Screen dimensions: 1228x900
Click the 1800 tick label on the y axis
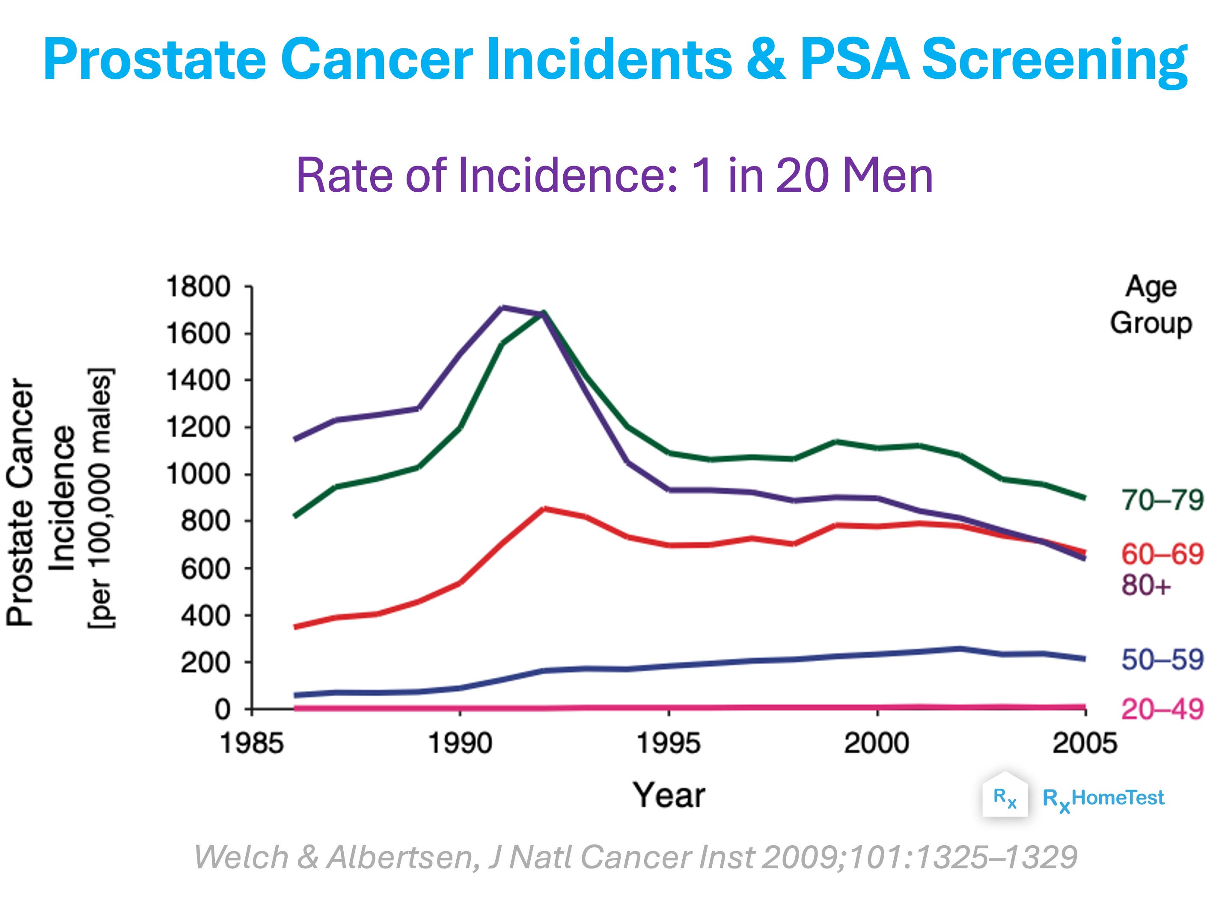(198, 287)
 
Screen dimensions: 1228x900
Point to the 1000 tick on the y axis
(248, 474)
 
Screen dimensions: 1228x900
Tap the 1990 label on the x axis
(461, 743)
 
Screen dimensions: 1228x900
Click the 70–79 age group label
(1162, 499)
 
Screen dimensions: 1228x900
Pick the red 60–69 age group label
(1162, 554)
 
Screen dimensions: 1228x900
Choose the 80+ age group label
(1146, 585)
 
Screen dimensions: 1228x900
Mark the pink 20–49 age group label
(1162, 709)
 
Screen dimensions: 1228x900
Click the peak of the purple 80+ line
(502, 307)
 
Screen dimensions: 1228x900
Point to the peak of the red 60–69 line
(544, 508)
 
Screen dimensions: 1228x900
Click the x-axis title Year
(669, 796)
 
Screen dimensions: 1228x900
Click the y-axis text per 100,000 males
(100, 499)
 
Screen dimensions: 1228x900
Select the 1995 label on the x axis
(669, 743)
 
